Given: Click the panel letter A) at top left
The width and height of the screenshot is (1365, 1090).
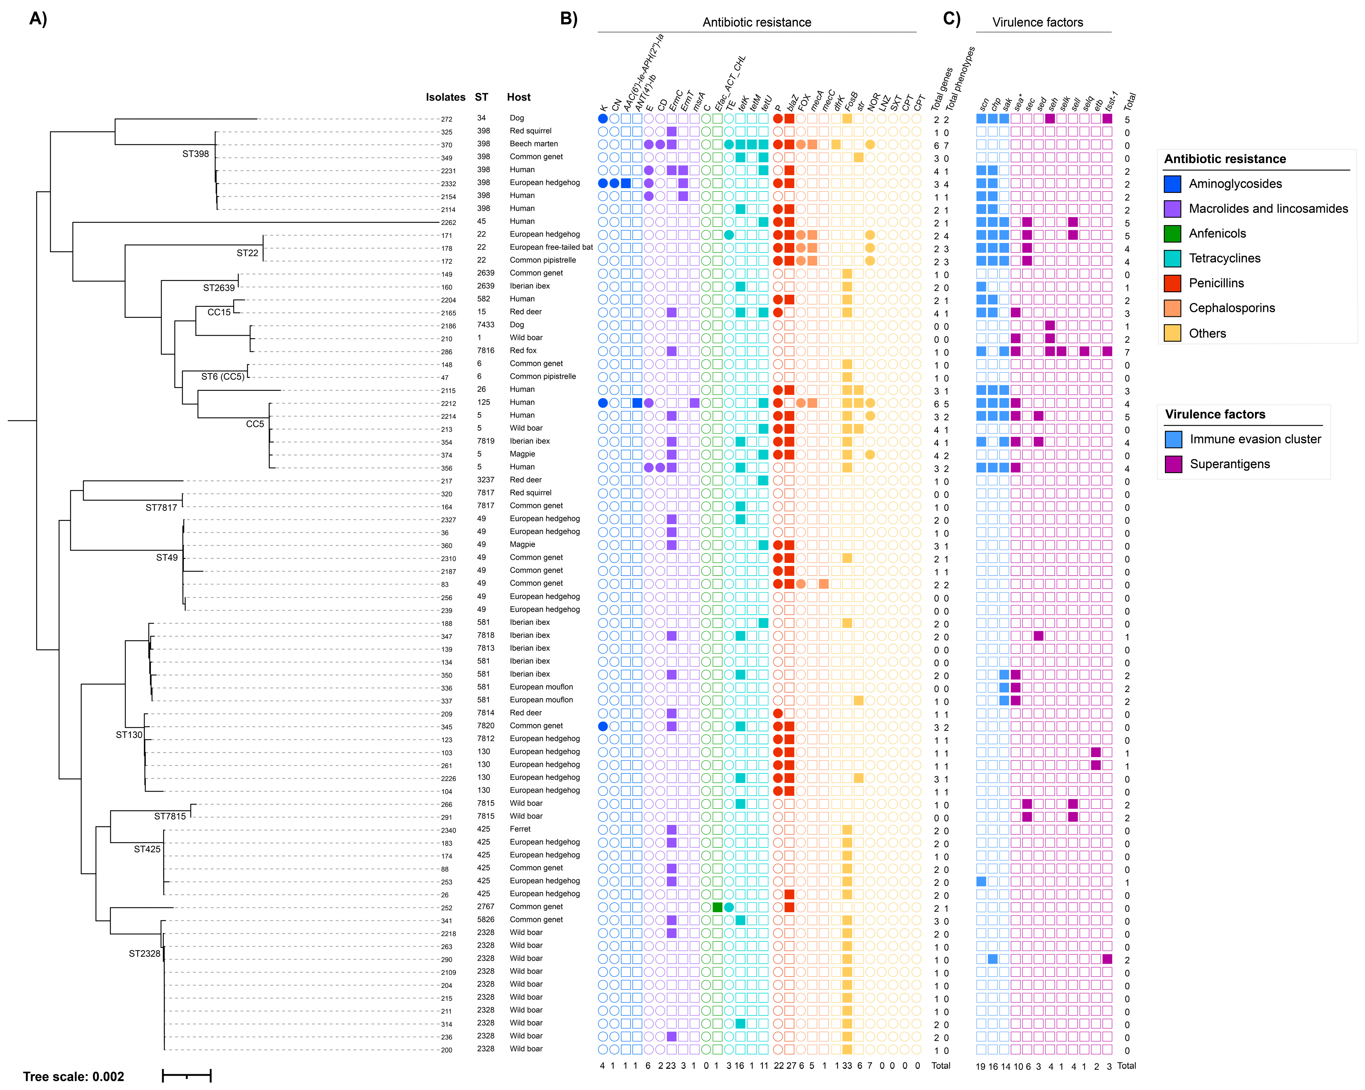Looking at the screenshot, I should [38, 19].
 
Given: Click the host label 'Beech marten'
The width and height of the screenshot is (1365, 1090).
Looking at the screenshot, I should [534, 144].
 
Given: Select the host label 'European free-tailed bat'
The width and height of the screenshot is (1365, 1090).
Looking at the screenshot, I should [551, 247].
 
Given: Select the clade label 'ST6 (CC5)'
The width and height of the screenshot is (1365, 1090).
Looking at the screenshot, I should [222, 376].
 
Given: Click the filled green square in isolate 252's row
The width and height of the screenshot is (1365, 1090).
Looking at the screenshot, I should [717, 907].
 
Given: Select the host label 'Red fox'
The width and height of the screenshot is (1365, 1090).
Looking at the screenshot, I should [523, 350].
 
